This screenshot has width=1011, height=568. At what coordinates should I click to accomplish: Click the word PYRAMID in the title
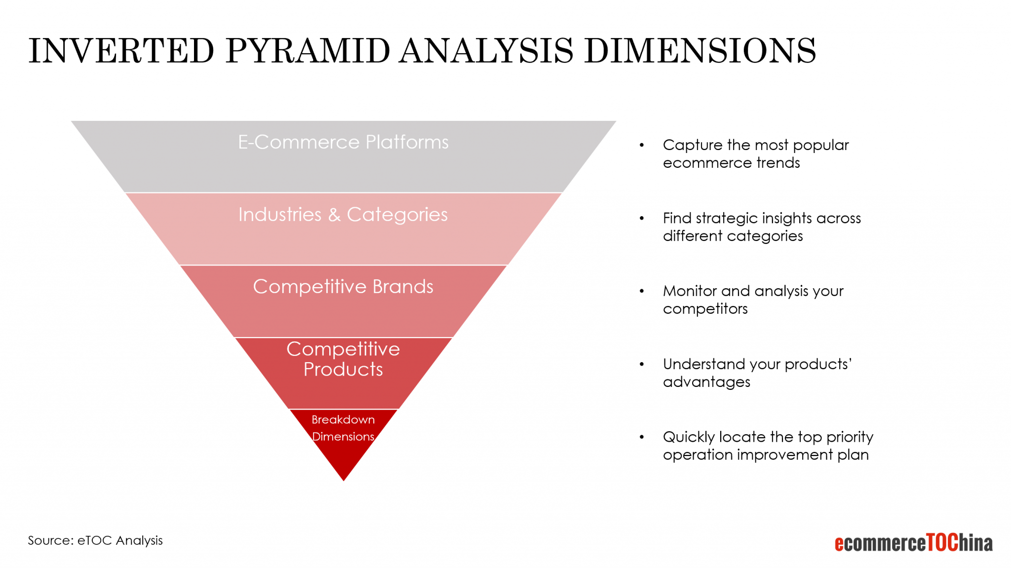coord(308,51)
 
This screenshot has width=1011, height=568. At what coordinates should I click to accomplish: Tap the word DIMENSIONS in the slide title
coord(700,51)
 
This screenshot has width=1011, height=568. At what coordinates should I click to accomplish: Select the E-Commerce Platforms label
coord(343,142)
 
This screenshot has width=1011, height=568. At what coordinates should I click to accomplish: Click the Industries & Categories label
coord(343,215)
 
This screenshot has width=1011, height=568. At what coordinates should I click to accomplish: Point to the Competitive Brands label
coord(343,287)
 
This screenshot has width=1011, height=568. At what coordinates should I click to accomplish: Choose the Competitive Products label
coord(343,359)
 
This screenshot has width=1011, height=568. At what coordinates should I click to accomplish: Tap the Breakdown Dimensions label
coord(343,428)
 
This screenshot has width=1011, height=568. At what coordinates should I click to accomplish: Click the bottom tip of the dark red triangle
coord(344,479)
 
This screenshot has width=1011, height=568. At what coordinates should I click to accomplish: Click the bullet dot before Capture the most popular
coord(642,145)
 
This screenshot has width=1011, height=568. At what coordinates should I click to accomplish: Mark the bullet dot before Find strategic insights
coord(642,218)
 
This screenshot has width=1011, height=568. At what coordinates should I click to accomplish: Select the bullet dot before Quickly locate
coord(642,437)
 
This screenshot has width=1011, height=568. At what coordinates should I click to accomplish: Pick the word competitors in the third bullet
coord(705,309)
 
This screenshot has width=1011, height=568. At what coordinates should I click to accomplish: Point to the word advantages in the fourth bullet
coord(706,382)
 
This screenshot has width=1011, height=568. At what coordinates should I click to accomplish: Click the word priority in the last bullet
coord(850,437)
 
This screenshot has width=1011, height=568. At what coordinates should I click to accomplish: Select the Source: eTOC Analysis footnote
coord(95,540)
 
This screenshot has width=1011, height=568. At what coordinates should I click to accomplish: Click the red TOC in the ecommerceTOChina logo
coord(942,542)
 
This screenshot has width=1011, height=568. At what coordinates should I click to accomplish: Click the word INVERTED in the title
coord(121,51)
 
